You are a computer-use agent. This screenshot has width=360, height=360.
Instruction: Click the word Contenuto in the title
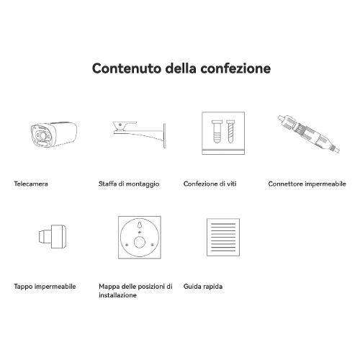(x=127, y=68)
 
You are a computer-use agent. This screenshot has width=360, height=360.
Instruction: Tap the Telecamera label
(x=31, y=184)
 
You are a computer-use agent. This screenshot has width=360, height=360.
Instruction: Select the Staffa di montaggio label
(x=129, y=184)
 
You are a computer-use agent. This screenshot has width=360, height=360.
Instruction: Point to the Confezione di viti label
(x=210, y=184)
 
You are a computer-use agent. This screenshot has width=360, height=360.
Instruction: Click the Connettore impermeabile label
(x=307, y=184)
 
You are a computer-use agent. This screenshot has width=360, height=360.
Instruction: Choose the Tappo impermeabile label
(x=45, y=287)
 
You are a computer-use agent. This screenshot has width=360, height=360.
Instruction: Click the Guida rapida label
(x=203, y=287)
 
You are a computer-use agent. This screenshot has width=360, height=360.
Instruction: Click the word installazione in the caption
(x=117, y=295)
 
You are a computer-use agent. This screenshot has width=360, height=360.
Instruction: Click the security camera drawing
(x=54, y=135)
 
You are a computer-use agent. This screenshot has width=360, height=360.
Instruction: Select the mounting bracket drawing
(x=139, y=135)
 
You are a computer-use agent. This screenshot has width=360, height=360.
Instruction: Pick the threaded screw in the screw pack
(x=230, y=132)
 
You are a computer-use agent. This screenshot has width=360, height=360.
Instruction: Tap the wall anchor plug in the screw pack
(x=217, y=132)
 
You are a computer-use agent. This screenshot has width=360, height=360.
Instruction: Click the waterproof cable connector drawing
(x=309, y=134)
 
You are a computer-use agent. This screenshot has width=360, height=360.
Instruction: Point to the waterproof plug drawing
(x=53, y=236)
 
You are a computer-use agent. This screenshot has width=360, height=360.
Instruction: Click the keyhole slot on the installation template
(x=140, y=225)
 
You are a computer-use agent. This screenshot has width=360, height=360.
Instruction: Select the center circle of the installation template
(x=140, y=242)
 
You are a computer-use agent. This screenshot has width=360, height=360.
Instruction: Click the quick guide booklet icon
(x=223, y=237)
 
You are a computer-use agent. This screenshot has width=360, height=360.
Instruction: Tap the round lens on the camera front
(x=42, y=135)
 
